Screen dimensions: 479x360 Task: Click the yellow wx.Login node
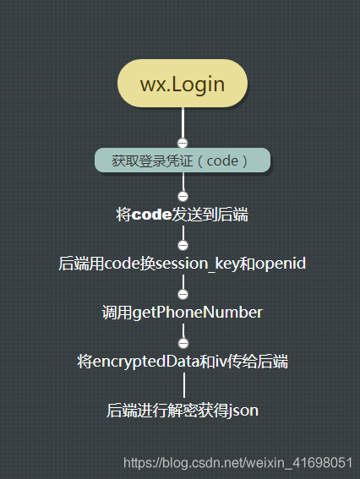coord(183,84)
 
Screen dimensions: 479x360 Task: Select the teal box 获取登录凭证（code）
coord(183,160)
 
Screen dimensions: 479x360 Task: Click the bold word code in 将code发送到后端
coord(152,215)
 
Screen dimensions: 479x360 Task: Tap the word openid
coord(281,264)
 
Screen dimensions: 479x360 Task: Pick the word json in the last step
coord(244,411)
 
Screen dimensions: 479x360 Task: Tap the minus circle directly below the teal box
coord(183,196)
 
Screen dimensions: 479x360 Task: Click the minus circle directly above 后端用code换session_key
coord(183,245)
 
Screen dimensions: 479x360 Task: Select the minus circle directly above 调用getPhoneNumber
coord(183,294)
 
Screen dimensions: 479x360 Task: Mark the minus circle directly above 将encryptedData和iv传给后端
coord(183,343)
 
